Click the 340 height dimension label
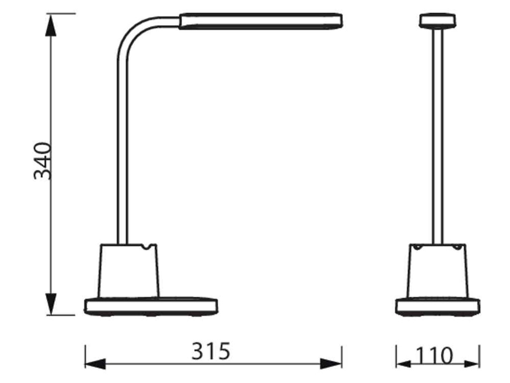click(x=43, y=161)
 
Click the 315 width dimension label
click(x=211, y=351)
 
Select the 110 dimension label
click(x=434, y=356)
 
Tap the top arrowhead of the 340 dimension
click(x=51, y=25)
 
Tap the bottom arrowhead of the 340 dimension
click(x=51, y=304)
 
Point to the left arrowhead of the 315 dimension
click(x=95, y=364)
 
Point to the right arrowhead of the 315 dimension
click(x=331, y=364)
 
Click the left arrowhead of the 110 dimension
click(x=403, y=364)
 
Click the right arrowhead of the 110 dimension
click(x=472, y=364)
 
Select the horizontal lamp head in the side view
click(x=260, y=21)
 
